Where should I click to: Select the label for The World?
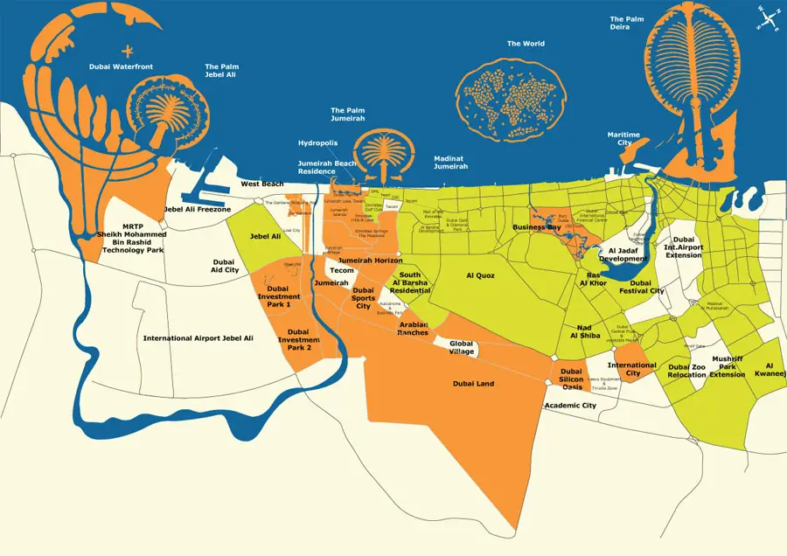click(x=526, y=44)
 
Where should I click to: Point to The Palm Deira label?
click(x=627, y=24)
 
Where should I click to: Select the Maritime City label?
click(x=623, y=139)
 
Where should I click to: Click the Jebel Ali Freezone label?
click(x=197, y=210)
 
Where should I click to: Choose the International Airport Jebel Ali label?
click(x=198, y=337)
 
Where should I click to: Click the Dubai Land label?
click(x=474, y=383)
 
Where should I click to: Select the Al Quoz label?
click(x=480, y=275)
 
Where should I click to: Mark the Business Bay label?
click(x=536, y=227)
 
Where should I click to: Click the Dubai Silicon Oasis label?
click(x=572, y=379)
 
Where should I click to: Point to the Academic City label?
click(x=570, y=406)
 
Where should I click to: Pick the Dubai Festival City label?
click(x=647, y=287)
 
